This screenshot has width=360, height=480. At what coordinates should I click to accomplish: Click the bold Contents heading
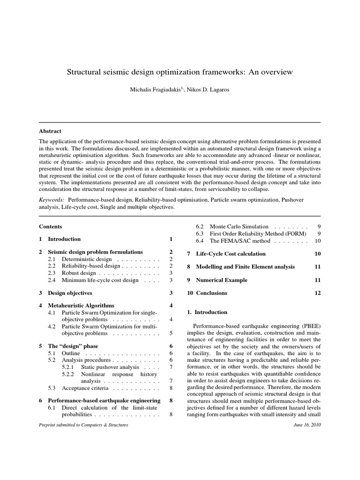[50, 226]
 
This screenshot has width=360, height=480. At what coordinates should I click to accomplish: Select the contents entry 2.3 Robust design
[72, 273]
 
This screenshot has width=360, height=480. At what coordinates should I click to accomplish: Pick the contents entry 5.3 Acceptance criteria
[78, 388]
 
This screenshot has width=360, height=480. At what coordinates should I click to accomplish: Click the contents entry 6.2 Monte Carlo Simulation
[239, 226]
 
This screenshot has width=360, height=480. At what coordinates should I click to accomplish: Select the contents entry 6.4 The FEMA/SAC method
[233, 241]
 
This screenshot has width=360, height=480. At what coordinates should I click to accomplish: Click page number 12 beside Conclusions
[317, 293]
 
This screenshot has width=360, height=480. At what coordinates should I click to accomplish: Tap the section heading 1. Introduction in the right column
[207, 312]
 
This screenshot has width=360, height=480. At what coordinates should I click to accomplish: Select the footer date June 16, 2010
[307, 425]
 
